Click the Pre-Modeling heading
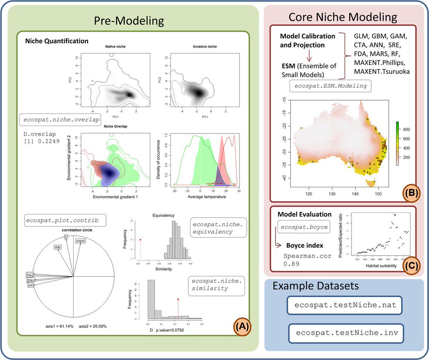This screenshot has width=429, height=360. [x=129, y=20]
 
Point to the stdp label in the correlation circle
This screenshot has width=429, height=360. [x=58, y=247]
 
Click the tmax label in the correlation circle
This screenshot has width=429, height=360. [x=30, y=280]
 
